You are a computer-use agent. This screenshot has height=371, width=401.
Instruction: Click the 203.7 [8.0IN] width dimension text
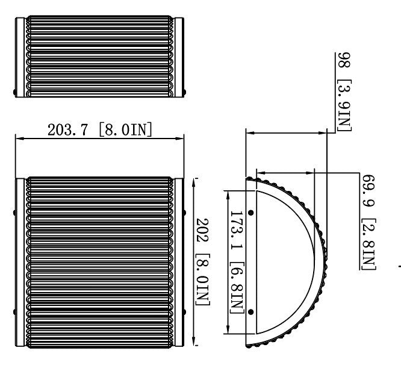point(99,129)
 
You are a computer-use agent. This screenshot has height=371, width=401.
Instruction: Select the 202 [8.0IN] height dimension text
point(202,263)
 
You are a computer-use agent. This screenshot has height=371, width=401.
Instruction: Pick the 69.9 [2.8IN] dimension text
point(368,223)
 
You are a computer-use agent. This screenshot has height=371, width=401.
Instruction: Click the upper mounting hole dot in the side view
point(250,212)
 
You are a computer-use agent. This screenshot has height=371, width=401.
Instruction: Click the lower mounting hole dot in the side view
point(250,311)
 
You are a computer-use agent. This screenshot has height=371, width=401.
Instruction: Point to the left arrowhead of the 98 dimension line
point(249,132)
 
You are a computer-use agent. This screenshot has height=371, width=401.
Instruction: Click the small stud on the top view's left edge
point(15,92)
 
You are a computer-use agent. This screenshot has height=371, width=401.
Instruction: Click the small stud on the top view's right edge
point(184,92)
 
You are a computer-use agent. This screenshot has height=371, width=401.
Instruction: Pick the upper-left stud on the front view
point(15,212)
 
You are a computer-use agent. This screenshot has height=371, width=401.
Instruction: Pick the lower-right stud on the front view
point(184,311)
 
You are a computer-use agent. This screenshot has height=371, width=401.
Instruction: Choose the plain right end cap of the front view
point(179,262)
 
